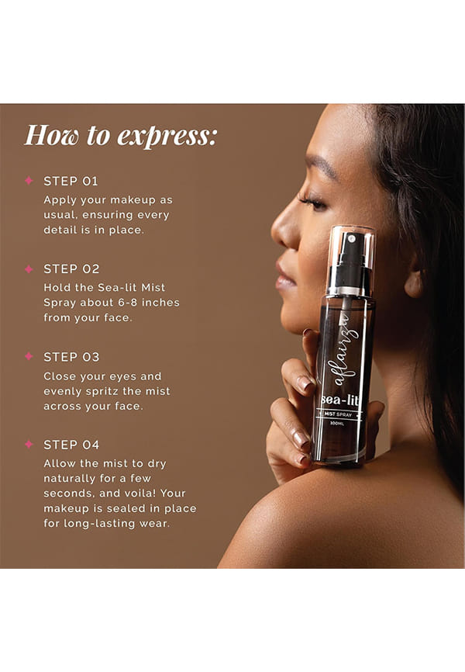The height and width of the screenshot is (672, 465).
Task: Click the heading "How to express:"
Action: (120, 135)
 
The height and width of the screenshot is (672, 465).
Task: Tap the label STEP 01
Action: (71, 182)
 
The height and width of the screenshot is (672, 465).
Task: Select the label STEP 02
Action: (71, 269)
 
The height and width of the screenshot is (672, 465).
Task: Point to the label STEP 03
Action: (71, 357)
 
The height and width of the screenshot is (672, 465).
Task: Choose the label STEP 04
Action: (71, 445)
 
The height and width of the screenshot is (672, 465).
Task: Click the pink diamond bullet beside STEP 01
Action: (29, 181)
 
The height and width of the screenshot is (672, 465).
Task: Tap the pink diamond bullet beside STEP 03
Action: (29, 356)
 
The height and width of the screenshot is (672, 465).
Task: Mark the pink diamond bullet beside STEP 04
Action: (29, 444)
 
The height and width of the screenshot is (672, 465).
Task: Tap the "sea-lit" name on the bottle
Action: (339, 400)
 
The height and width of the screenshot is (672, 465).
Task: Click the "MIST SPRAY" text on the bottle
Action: (338, 414)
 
